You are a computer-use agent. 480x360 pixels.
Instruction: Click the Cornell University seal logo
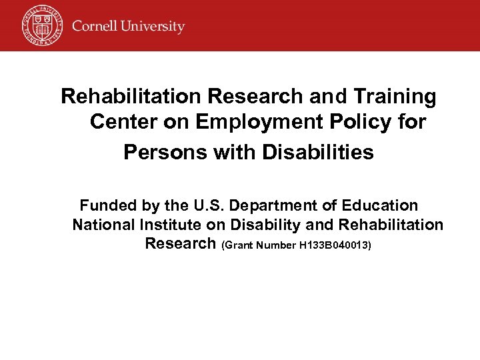tap(41, 25)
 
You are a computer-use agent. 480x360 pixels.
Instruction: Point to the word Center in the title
tap(125, 123)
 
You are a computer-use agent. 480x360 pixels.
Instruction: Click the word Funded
tap(109, 205)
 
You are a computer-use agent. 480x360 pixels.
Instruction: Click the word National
tap(104, 225)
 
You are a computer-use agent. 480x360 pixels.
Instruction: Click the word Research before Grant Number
tap(180, 243)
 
